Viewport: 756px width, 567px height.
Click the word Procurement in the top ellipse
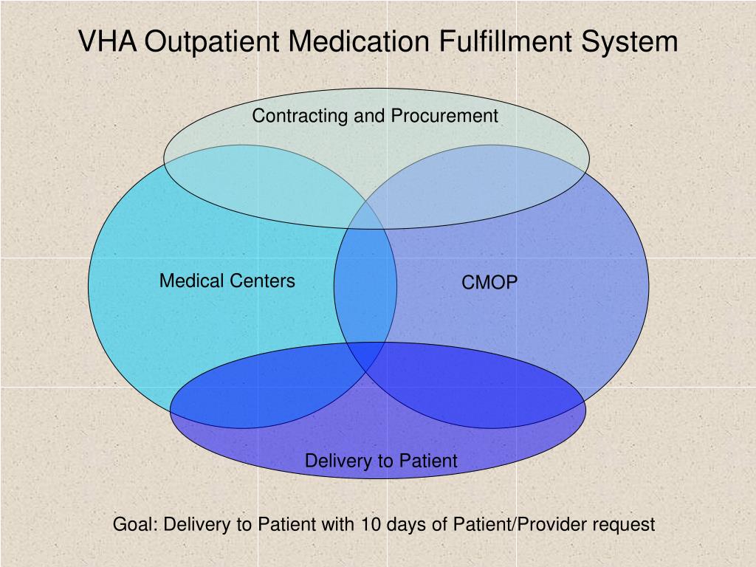pyautogui.click(x=444, y=116)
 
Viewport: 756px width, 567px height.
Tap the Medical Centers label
pyautogui.click(x=227, y=281)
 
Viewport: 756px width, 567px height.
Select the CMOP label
pyautogui.click(x=490, y=283)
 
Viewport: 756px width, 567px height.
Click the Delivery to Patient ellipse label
pyautogui.click(x=381, y=461)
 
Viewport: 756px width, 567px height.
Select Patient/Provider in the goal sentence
pyautogui.click(x=512, y=525)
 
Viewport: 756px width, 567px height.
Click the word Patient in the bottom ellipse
pyautogui.click(x=429, y=461)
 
